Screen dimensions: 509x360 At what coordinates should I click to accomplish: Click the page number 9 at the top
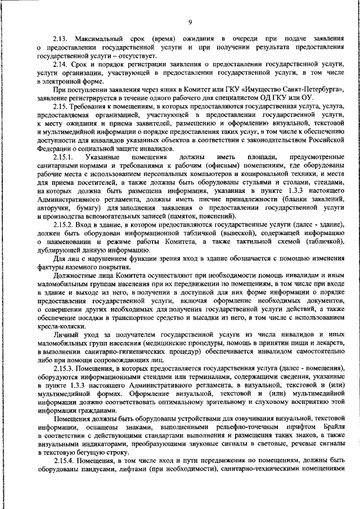pos(190,22)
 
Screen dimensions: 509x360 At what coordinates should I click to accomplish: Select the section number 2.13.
pos(61,38)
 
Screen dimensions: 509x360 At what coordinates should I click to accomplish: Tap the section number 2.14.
pos(61,66)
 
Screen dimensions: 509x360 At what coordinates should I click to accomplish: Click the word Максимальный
pos(98,38)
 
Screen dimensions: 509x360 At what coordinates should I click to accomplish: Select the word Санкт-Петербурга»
pos(307,89)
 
